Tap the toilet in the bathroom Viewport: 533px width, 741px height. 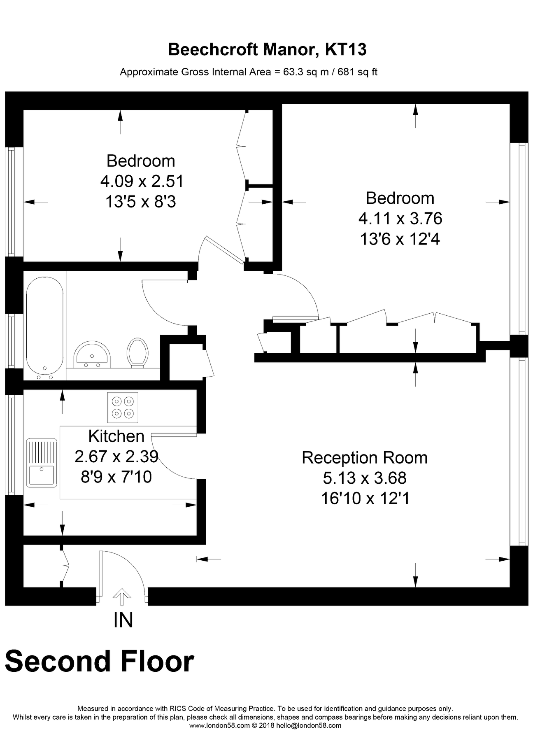tap(137, 352)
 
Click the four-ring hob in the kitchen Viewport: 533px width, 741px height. tap(123, 408)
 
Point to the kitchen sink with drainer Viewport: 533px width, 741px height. tap(42, 463)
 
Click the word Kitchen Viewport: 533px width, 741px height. tap(116, 436)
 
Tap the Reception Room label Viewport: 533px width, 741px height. tap(364, 458)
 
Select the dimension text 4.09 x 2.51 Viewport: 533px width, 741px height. tap(142, 181)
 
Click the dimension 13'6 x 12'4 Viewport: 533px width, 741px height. tap(400, 239)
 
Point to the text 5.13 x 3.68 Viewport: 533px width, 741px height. tap(364, 478)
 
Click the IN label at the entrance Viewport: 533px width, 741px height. tap(123, 620)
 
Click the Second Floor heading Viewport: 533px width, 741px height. tap(99, 661)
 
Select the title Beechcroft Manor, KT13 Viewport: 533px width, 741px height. tap(267, 50)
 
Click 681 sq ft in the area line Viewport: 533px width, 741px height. tap(357, 72)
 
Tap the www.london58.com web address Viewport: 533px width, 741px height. tap(219, 725)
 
